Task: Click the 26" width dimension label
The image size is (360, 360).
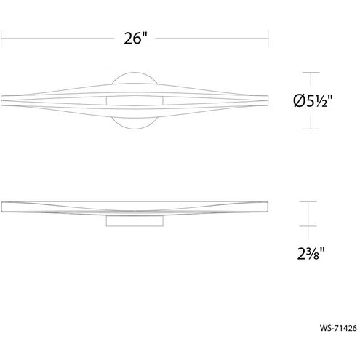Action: [x=135, y=38]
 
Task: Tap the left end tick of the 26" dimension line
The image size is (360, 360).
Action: [x=1, y=38]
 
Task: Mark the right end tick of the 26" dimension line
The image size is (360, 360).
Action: [x=268, y=38]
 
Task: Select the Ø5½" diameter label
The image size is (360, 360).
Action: [x=313, y=100]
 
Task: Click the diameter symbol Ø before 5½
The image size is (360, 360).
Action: [x=300, y=101]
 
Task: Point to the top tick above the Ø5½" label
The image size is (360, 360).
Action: [x=311, y=72]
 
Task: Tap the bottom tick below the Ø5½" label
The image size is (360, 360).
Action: [x=311, y=129]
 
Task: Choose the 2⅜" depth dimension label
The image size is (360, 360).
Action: [x=311, y=254]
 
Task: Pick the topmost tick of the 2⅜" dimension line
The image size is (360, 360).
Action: [x=308, y=201]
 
